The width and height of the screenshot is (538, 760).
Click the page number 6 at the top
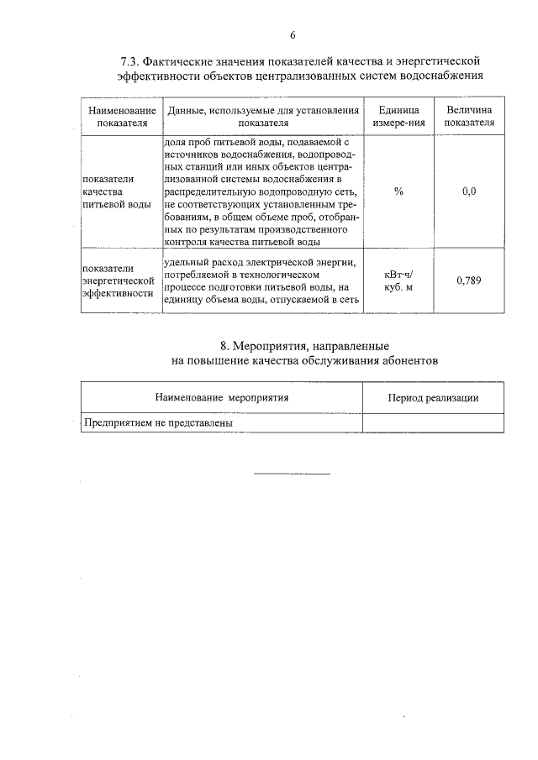(x=293, y=35)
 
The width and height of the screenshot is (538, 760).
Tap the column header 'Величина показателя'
(x=469, y=117)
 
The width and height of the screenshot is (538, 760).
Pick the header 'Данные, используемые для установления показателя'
(x=264, y=117)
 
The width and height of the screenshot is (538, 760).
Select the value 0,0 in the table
(x=469, y=192)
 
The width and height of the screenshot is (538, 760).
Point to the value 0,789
(x=469, y=280)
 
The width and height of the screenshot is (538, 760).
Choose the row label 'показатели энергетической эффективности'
(x=118, y=280)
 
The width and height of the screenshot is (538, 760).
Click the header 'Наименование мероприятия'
(x=222, y=398)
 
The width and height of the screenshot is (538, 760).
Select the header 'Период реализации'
(x=433, y=398)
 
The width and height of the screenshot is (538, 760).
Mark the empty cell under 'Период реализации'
(x=433, y=423)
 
